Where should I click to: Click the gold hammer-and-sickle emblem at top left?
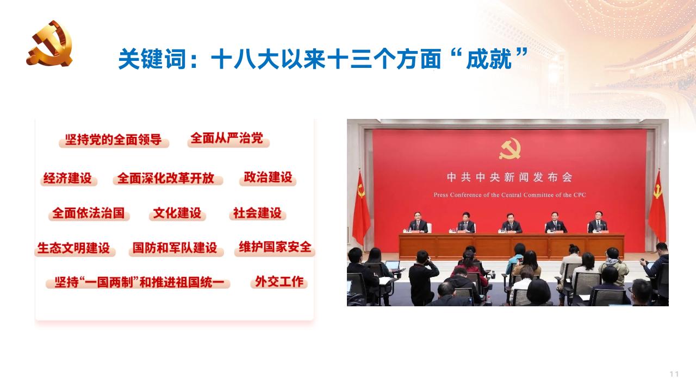pos(49,43)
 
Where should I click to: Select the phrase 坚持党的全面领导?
pos(114,140)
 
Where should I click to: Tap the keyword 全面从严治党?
pos(227,138)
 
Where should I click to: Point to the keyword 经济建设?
pos(68,178)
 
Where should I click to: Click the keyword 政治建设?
pos(268,177)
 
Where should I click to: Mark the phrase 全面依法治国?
pos(89,213)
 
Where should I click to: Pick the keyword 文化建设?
pos(177,213)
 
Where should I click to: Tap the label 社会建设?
pos(257,213)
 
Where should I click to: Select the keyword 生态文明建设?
pos(73,248)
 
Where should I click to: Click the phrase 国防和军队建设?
pos(175,248)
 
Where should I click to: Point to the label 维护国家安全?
pos(275,247)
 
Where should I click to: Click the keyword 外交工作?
pos(279,282)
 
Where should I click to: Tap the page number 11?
pos(674,374)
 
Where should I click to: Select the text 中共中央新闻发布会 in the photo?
pos(509,178)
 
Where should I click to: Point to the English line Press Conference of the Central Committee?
pos(509,194)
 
